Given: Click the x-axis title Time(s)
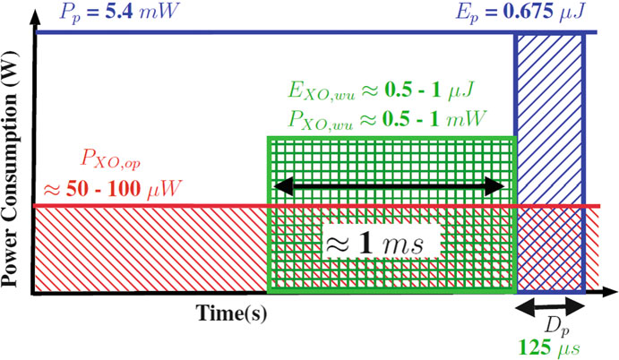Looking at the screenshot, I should [x=232, y=313].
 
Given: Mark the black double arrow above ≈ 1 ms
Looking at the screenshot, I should [x=390, y=186].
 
